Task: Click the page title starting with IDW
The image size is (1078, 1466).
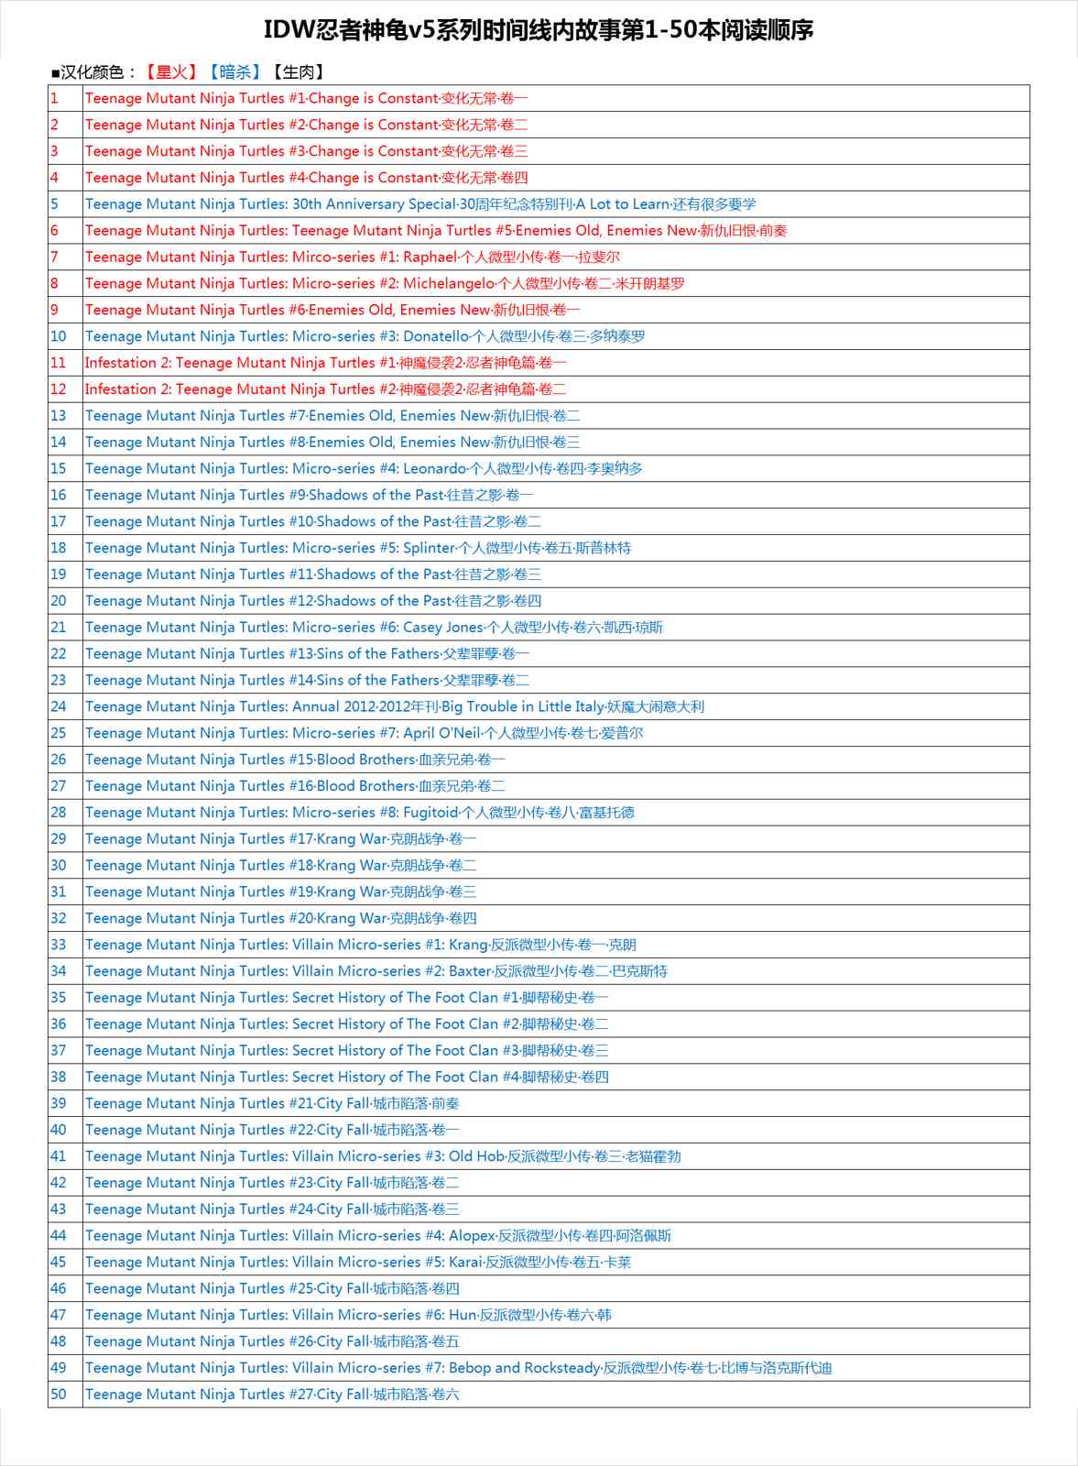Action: tap(539, 30)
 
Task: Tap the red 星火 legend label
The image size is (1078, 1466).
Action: tap(171, 71)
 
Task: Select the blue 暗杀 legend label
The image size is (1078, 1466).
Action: tap(234, 71)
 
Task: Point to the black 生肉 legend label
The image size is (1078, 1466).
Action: tap(298, 71)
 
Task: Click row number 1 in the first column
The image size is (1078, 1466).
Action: tap(55, 98)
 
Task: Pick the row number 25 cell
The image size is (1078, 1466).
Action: tap(59, 733)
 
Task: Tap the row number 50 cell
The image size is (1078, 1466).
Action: tap(59, 1394)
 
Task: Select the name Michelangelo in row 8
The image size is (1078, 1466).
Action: tap(448, 283)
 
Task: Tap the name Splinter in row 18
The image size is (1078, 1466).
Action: tap(429, 548)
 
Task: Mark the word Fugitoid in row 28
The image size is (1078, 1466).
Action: tap(430, 812)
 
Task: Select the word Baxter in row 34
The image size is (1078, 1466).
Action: tap(470, 970)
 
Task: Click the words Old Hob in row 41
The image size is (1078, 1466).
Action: tap(476, 1156)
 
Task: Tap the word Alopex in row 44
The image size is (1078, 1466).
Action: tap(472, 1235)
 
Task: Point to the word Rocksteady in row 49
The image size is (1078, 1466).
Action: tap(561, 1367)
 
